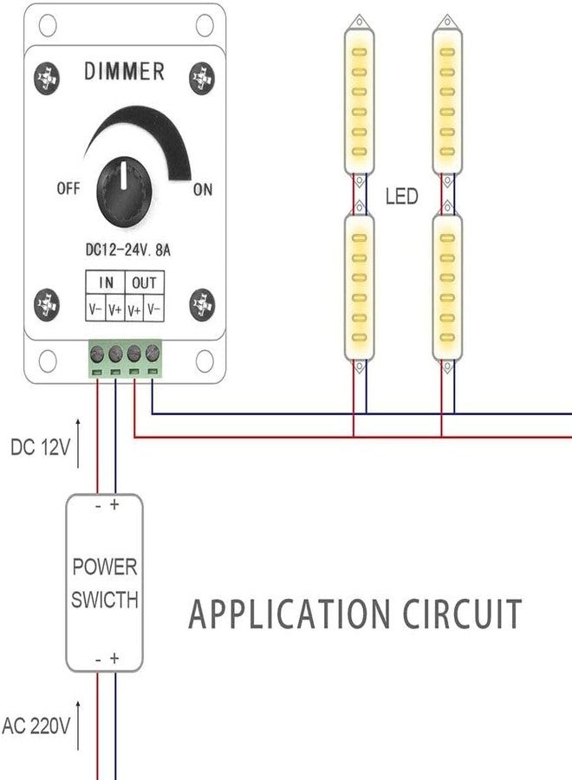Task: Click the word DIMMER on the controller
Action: pyautogui.click(x=124, y=71)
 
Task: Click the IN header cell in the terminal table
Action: pyautogui.click(x=105, y=283)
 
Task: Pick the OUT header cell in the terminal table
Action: pyautogui.click(x=145, y=283)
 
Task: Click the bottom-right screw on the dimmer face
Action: pyautogui.click(x=203, y=303)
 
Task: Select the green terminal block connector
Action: pyautogui.click(x=124, y=359)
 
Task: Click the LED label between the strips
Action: pyautogui.click(x=401, y=197)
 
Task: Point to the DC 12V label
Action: pyautogui.click(x=38, y=448)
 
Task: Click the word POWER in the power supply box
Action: pyautogui.click(x=104, y=568)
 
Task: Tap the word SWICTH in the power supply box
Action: pyautogui.click(x=104, y=599)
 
